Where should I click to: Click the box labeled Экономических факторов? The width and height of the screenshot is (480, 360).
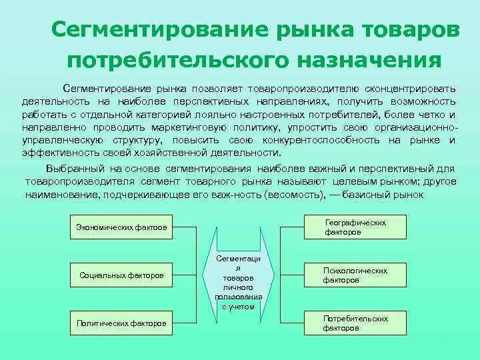tap(121, 227)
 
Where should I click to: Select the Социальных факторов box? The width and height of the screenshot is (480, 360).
tap(121, 275)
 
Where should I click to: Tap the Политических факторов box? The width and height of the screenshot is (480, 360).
tap(121, 323)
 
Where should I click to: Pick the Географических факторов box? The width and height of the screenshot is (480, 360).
tap(355, 227)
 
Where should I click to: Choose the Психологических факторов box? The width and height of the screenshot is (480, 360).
tap(355, 275)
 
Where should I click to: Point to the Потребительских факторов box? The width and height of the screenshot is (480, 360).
tap(355, 323)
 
